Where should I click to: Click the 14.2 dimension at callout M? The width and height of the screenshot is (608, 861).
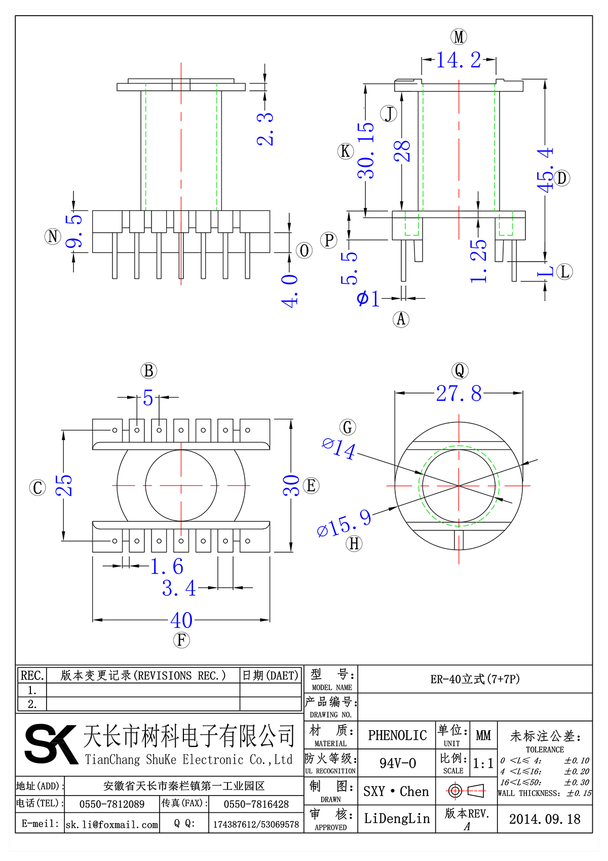coord(459,60)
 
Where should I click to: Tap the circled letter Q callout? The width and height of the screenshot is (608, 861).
coord(460,371)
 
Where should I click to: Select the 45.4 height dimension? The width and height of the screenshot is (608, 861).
coord(546,170)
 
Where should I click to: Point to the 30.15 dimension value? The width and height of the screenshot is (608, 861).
coord(366,151)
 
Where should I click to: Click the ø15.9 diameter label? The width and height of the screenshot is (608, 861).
coord(344,523)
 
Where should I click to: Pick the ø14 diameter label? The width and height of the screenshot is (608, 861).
coord(339,448)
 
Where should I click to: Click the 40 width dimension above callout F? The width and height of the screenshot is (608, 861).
coord(181,620)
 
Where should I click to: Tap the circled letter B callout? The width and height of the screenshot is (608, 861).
coord(148,371)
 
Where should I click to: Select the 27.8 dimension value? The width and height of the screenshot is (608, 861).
coord(459,393)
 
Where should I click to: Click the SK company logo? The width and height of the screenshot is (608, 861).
coord(50,744)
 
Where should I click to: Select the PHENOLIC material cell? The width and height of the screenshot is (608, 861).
coord(397,735)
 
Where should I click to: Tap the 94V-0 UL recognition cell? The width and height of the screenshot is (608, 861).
coord(397,763)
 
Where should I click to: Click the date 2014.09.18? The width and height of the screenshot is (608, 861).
coord(545,819)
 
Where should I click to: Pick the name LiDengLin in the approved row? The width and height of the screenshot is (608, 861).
coord(397,818)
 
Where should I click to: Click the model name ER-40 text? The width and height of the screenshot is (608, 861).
coord(475,679)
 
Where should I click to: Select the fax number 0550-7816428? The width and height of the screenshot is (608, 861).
coord(256,804)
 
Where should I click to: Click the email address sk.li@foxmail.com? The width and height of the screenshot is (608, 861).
coord(112,824)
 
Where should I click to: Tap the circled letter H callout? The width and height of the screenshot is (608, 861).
coord(354,544)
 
